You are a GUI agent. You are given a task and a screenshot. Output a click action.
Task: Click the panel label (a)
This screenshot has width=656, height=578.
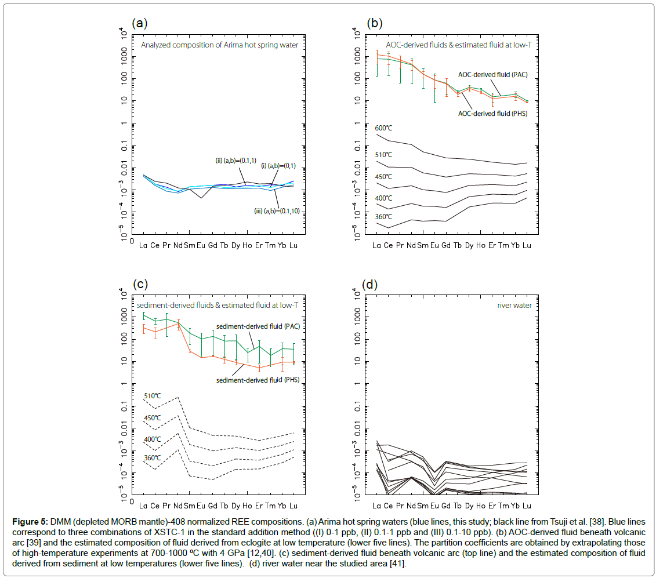coord(140,24)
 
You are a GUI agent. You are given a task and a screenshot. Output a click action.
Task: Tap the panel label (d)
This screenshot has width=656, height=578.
coord(369,285)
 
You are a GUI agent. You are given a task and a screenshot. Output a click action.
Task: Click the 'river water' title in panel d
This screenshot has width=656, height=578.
coord(517,305)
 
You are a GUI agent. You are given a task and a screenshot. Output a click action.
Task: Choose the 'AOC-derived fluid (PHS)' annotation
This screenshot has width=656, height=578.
coord(492,114)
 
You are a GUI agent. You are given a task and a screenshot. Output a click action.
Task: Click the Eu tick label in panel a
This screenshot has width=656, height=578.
coord(201,245)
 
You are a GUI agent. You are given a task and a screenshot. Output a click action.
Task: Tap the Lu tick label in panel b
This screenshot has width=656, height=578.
coord(527,245)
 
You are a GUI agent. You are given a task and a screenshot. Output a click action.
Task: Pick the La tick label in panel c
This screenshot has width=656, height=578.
coord(143,506)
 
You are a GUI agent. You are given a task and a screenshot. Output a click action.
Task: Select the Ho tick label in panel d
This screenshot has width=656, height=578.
coord(480,506)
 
